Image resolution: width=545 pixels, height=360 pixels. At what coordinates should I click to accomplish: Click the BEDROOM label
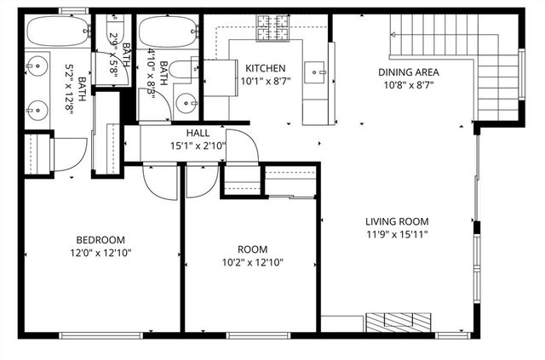(x=100, y=239)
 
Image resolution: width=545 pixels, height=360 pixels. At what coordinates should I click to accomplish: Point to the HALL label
(x=198, y=134)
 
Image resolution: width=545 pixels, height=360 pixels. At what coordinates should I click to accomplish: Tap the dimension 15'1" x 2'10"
(x=198, y=146)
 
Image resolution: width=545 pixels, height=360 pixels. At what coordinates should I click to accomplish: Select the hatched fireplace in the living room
(x=399, y=322)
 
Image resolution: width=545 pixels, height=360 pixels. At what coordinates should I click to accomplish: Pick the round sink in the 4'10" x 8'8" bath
(x=186, y=103)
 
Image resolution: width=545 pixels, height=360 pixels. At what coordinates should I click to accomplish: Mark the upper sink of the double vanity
(x=36, y=64)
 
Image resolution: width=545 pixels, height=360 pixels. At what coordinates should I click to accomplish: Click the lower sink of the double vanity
(x=36, y=108)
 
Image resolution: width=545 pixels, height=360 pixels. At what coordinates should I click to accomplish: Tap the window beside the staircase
(x=522, y=77)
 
